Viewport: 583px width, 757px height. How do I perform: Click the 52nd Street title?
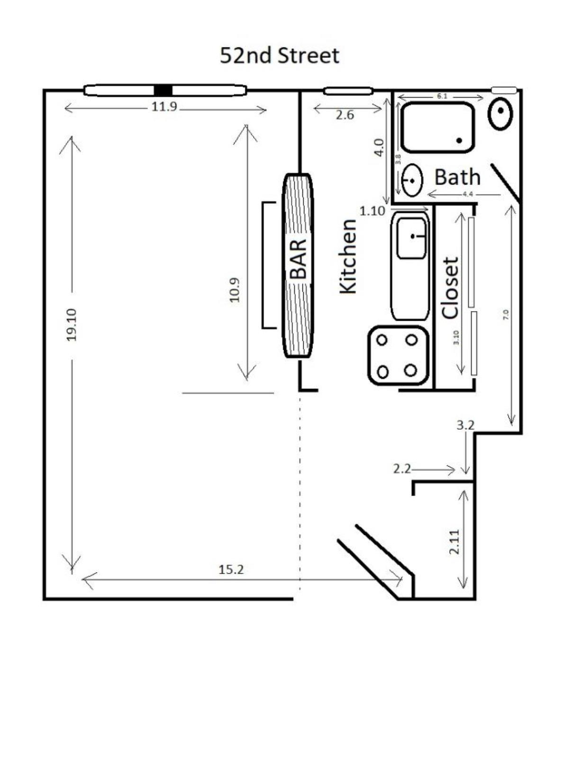(279, 56)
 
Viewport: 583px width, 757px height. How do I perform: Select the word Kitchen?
(348, 257)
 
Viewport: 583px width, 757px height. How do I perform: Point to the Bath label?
(457, 177)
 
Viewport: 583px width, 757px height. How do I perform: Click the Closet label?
(451, 288)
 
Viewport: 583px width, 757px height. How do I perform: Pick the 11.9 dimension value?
(164, 107)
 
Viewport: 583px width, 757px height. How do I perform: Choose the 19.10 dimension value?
(72, 324)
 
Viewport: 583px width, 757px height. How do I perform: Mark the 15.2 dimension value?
(231, 570)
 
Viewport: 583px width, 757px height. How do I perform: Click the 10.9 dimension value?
(235, 290)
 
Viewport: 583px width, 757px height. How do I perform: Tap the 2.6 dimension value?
(345, 115)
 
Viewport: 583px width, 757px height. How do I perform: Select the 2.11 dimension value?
(455, 542)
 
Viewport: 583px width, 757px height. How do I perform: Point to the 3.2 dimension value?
(465, 425)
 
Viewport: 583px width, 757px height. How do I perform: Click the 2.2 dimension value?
(402, 469)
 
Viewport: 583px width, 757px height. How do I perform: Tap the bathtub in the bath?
(437, 127)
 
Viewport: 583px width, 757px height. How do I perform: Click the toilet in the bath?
(501, 113)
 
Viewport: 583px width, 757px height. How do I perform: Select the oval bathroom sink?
(412, 181)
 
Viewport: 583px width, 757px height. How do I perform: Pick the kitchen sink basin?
(411, 238)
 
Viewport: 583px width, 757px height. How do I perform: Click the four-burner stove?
(398, 355)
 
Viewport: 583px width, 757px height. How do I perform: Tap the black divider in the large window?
(163, 90)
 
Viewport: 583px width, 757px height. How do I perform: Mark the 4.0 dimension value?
(379, 147)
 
